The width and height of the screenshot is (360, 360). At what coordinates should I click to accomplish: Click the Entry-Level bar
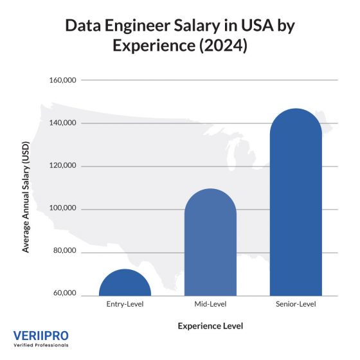coord(125,283)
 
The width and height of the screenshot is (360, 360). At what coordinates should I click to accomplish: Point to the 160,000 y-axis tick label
coord(62,80)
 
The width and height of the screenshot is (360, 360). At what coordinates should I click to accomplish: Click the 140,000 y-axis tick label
coord(62,123)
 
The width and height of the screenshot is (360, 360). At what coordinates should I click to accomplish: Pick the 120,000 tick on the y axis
coord(62,166)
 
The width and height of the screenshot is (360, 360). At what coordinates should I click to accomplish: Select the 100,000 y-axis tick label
coord(62,208)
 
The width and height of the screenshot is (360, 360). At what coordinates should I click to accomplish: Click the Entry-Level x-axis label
coord(125,303)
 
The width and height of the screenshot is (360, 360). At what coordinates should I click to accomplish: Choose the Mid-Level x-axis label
coord(210,303)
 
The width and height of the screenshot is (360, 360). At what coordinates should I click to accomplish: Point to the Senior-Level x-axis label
coord(296,303)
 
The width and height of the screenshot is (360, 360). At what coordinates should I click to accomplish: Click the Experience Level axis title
coord(210,326)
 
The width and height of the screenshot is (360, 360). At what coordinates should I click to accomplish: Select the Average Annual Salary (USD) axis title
coord(26,187)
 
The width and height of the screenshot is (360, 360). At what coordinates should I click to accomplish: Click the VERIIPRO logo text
coord(40,336)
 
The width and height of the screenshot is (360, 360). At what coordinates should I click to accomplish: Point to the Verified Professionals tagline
coord(40,346)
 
